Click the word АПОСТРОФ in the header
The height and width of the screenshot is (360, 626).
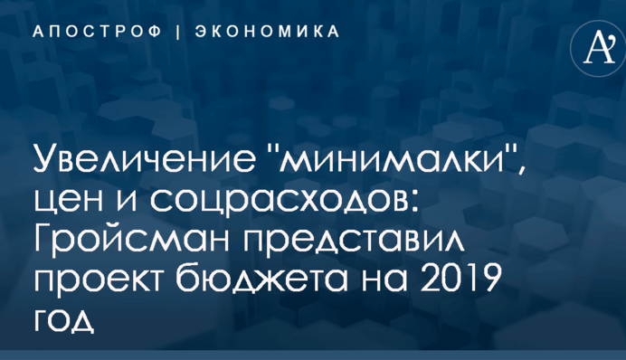pyautogui.click(x=97, y=32)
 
